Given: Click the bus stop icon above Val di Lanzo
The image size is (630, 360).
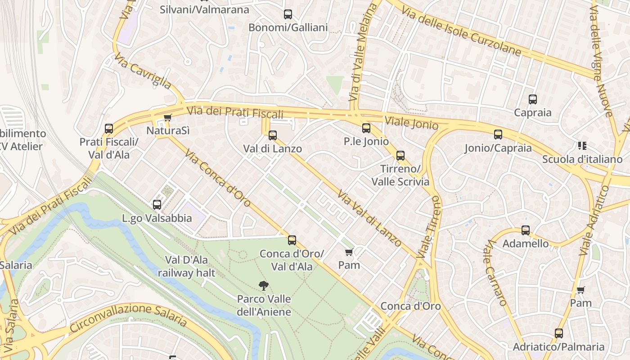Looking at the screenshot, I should tap(272, 135).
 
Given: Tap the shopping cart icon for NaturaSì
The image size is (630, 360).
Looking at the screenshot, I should tap(167, 118).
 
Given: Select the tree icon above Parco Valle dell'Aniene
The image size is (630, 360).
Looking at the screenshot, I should tap(264, 285).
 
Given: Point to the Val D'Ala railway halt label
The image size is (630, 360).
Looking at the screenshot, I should tap(186, 266).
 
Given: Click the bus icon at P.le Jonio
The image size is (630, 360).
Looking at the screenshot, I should tap(366, 128).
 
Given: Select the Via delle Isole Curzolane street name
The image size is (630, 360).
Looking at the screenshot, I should tap(461, 31).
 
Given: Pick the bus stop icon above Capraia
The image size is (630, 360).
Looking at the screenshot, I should tap(533, 99).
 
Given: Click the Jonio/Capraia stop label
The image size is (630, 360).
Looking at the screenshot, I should tap(498, 148).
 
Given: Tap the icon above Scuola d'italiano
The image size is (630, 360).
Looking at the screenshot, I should tap(582, 146).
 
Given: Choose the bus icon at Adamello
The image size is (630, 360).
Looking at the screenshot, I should tap(526, 230).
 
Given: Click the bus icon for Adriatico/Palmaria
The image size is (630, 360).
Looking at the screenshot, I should tap(559, 333).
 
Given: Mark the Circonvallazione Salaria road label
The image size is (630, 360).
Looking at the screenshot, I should tap(129, 316).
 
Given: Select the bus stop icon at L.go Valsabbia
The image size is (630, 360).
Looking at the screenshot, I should tap(157, 205).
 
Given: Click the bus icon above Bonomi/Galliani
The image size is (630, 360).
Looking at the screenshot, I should tap(288, 14).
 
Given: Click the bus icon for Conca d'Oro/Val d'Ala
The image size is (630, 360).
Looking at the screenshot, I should tap(292, 240).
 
